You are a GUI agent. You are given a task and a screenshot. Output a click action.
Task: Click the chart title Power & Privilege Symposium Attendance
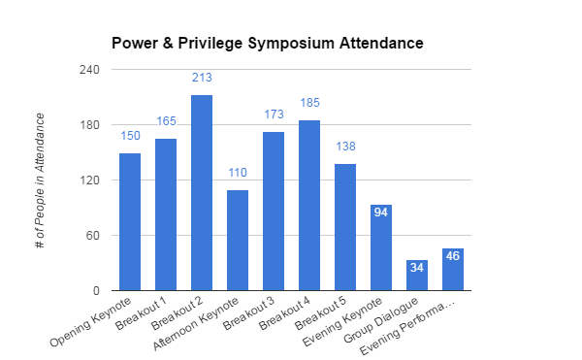[x=267, y=44]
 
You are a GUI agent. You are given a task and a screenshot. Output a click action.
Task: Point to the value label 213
[x=202, y=78]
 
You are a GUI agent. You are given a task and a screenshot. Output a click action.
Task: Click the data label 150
[x=130, y=136]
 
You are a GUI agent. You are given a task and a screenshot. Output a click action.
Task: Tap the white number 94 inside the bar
[x=381, y=212]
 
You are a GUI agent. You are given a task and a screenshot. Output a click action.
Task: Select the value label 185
[x=309, y=103]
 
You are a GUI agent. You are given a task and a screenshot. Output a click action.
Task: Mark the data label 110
[x=238, y=172]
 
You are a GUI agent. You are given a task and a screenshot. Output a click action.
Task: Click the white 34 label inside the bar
[x=417, y=267]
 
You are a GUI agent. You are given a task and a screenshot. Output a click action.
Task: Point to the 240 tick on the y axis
[x=89, y=71]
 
